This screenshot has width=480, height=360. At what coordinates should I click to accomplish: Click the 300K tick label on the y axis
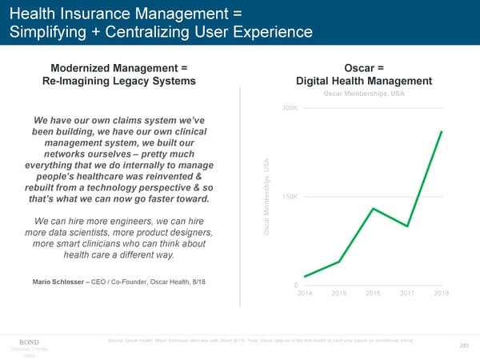pyautogui.click(x=289, y=108)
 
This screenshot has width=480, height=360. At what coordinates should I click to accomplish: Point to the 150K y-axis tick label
pyautogui.click(x=289, y=197)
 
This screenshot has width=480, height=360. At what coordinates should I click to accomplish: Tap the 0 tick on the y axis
pyautogui.click(x=296, y=286)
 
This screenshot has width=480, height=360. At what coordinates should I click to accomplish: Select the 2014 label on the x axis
pyautogui.click(x=305, y=294)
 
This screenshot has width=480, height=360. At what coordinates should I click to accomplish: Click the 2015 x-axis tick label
pyautogui.click(x=339, y=294)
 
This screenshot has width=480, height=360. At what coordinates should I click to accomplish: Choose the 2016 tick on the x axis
pyautogui.click(x=374, y=294)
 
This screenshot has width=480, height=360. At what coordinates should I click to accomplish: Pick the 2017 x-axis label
pyautogui.click(x=407, y=294)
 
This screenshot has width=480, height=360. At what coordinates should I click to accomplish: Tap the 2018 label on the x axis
pyautogui.click(x=441, y=294)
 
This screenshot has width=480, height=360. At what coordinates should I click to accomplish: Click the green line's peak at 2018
pyautogui.click(x=441, y=132)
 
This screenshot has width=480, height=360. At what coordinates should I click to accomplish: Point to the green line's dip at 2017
pyautogui.click(x=407, y=226)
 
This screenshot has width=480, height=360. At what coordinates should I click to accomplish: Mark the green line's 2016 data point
pyautogui.click(x=374, y=209)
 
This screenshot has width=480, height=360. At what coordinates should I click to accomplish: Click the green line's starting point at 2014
pyautogui.click(x=305, y=277)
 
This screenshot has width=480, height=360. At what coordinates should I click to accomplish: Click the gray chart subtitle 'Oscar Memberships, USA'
pyautogui.click(x=364, y=94)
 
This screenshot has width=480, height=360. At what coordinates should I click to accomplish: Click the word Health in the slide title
pyautogui.click(x=34, y=13)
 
